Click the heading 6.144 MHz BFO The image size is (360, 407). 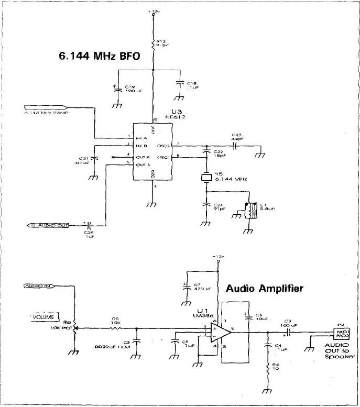(x=99, y=57)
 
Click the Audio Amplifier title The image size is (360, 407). (x=265, y=288)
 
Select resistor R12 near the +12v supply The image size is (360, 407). (x=153, y=46)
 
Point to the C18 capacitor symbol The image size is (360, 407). (x=179, y=84)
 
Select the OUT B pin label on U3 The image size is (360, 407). (x=143, y=164)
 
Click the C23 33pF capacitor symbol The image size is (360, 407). (x=236, y=145)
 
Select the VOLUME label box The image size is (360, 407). (x=45, y=317)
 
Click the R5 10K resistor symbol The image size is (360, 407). (x=115, y=328)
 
